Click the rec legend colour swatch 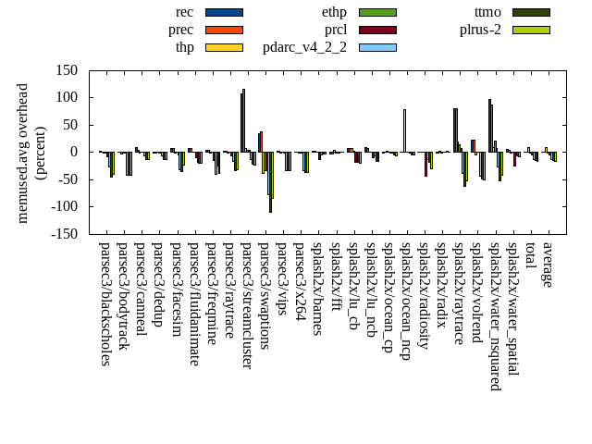(224, 12)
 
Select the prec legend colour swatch (224, 30)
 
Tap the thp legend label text (185, 47)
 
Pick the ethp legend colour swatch (377, 12)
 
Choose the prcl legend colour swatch (377, 30)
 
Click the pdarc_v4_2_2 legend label (304, 47)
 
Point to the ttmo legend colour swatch (531, 12)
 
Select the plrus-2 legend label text (480, 30)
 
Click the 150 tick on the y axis (67, 70)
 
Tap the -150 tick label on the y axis (65, 234)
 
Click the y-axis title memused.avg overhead (23, 153)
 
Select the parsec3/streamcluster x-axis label (247, 305)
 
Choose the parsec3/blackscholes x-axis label (105, 304)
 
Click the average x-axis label (548, 265)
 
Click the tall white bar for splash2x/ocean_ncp (404, 130)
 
